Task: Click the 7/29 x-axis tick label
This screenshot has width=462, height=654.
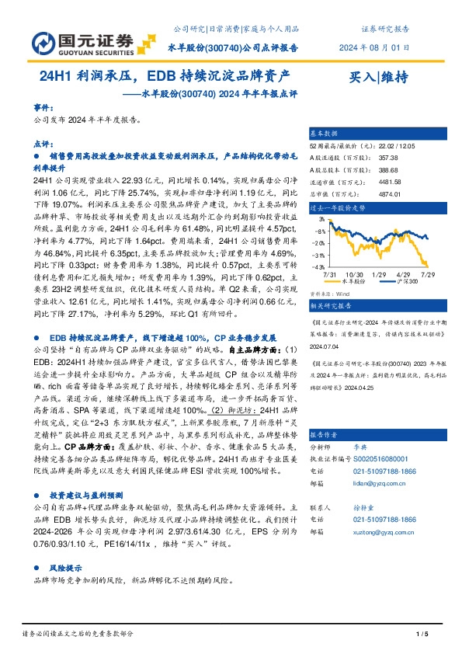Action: coord(426,273)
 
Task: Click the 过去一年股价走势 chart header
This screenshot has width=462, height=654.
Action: coord(336,208)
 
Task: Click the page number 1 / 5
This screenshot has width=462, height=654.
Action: coord(422,635)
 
